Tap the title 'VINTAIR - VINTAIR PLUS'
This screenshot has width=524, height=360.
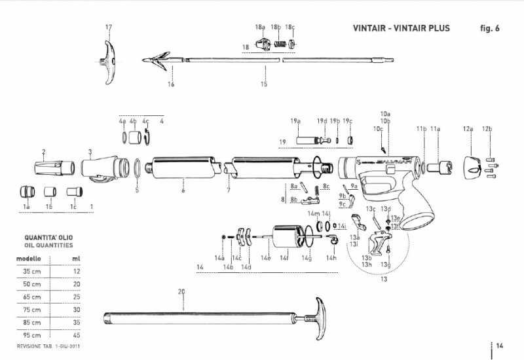402,28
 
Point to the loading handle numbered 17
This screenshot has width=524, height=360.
108,62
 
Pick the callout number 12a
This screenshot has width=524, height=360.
468,130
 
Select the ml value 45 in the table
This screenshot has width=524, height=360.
77,334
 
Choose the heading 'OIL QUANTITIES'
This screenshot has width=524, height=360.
48,245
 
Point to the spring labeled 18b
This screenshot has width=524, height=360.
279,45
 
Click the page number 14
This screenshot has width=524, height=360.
499,346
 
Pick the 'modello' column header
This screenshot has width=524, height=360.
29,259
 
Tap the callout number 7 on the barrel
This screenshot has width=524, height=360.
228,190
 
